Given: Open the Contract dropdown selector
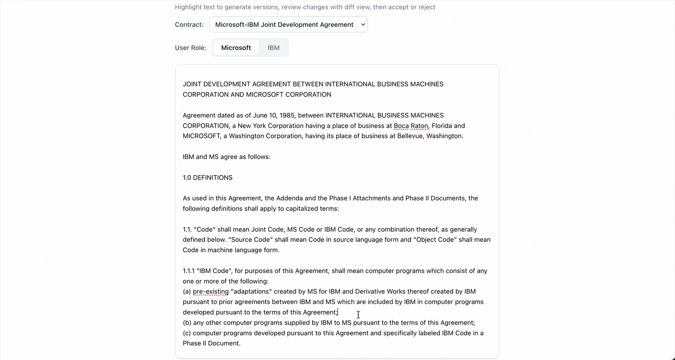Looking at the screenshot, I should coord(288,25).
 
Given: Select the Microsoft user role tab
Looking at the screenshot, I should coord(236,48).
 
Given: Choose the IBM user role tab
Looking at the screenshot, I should coord(274,48).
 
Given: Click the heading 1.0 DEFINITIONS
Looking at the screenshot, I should coord(207,178).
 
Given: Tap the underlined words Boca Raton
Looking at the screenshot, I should coord(411,126).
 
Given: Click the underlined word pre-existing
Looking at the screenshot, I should coord(211,292).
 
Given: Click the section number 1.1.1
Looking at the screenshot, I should coord(188,271).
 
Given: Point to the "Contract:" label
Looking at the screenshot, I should coord(189,25).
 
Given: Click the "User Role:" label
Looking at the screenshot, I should coord(190,48).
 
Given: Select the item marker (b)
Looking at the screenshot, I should coord(187,323).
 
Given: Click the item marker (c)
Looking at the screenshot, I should coord(187,333).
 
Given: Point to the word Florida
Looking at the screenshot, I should coord(442,126).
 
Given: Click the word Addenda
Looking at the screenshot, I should coord(288,198).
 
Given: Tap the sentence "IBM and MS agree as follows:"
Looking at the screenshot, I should coord(226,157).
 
